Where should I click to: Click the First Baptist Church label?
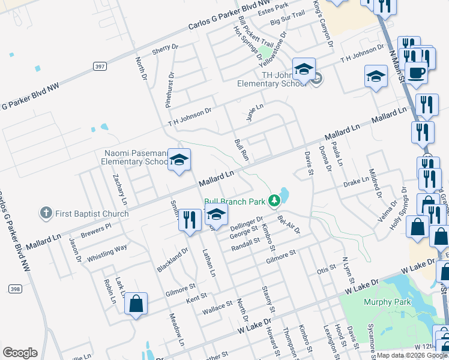click(x=92, y=213)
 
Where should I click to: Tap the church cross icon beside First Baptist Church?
click(x=46, y=213)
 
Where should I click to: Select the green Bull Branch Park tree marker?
click(x=274, y=200)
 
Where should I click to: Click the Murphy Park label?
click(x=385, y=302)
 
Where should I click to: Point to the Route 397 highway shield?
click(x=100, y=65)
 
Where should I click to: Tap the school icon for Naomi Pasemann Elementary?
click(x=178, y=160)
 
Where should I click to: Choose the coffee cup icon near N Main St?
click(x=416, y=73)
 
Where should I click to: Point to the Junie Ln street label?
click(x=255, y=112)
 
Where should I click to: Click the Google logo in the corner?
click(x=20, y=353)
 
